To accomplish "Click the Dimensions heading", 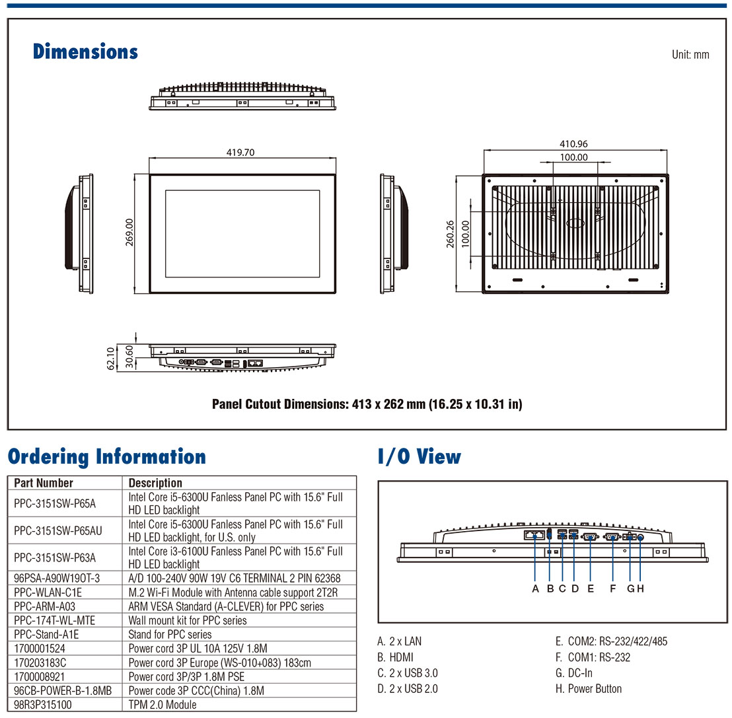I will coord(85,52).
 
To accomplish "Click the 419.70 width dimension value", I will coord(240,152).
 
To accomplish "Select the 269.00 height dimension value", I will coord(129,233).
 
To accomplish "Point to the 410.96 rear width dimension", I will coord(573,144).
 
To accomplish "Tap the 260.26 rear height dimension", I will coord(451,234).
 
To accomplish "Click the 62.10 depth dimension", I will coord(111,357).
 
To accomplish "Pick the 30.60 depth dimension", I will coord(128,357).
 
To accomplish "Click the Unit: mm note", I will coord(690,55).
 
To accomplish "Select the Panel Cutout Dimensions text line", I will coord(367,404).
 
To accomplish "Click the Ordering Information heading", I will coord(107,457).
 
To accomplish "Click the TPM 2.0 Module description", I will coord(163,704).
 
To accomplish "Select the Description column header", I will coord(155,483).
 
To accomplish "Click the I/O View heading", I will coord(420,457).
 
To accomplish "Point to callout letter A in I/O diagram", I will coord(535,589).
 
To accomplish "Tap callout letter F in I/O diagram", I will coord(612,589).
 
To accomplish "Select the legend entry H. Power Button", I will coord(588,689).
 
